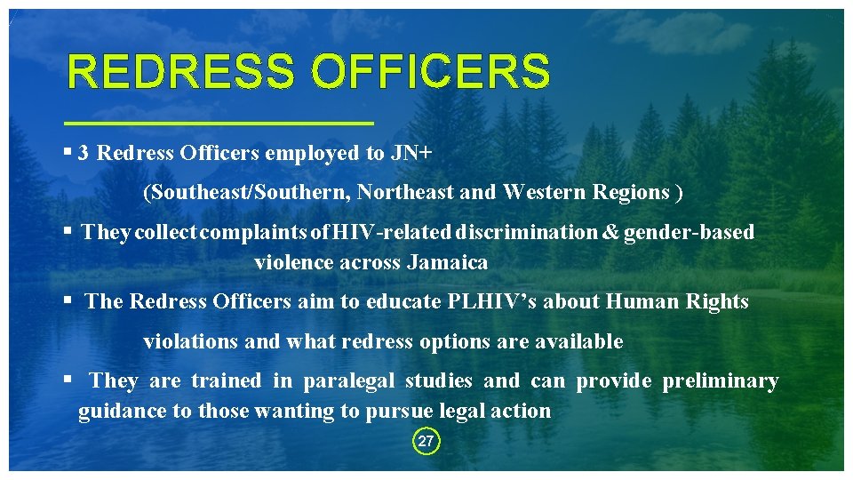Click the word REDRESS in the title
click(x=179, y=72)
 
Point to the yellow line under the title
click(x=219, y=123)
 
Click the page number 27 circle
click(x=426, y=441)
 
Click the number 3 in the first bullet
click(x=83, y=153)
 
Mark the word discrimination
click(x=528, y=233)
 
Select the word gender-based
click(x=690, y=233)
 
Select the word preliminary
click(x=721, y=381)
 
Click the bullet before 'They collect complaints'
click(x=68, y=231)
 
